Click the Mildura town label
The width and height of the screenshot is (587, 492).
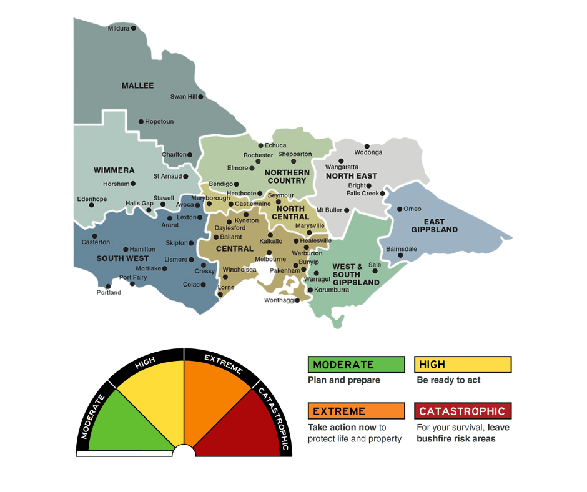tap(118, 29)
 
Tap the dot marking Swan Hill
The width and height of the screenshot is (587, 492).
tap(200, 97)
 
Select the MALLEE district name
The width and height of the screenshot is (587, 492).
tap(137, 86)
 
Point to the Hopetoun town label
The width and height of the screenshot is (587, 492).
tap(159, 122)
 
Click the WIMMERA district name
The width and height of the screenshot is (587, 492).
tap(114, 170)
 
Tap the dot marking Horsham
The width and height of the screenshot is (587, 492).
tap(134, 184)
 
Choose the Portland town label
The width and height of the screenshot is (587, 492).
tap(109, 293)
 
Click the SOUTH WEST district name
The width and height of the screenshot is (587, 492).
tap(122, 258)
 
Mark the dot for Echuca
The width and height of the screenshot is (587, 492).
tap(261, 145)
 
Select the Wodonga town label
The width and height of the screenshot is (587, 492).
tap(368, 152)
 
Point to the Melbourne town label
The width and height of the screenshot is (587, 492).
tap(270, 259)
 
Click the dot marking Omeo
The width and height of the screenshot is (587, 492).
tap(400, 209)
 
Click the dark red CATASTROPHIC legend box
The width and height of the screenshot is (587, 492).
tap(462, 411)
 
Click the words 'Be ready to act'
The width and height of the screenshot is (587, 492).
tap(448, 380)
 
